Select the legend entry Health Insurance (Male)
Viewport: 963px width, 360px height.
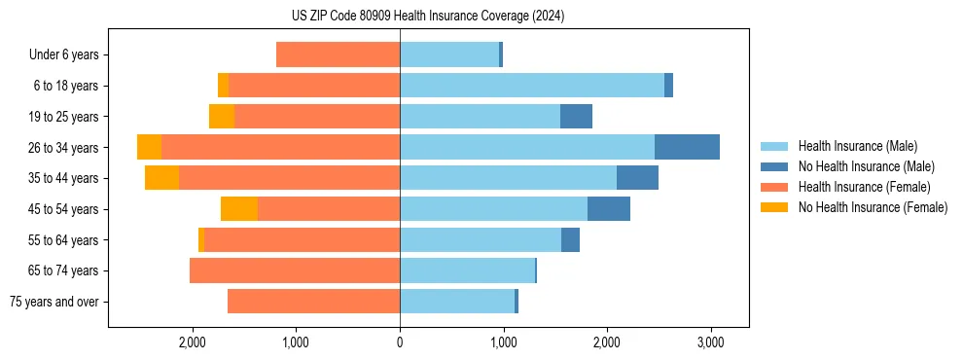[x=857, y=146]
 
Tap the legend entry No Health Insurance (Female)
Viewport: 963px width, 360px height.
[x=873, y=207]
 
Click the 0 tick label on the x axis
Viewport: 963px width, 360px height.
[x=400, y=342]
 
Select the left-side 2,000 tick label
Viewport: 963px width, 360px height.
[x=193, y=342]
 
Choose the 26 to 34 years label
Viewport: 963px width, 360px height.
[x=65, y=148]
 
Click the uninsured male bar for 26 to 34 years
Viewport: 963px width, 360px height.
[x=687, y=147]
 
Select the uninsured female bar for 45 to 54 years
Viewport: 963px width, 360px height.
[x=239, y=209]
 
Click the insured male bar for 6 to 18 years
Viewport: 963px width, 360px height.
[x=532, y=86]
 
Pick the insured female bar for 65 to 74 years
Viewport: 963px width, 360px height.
[x=295, y=270]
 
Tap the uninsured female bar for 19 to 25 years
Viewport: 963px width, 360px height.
[x=222, y=117]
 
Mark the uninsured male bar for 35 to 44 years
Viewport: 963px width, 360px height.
[x=637, y=178]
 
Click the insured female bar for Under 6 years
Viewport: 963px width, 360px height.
[x=338, y=54]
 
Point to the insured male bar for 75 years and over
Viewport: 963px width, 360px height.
[x=457, y=302]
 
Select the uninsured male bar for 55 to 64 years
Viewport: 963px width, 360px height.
[x=570, y=239]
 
